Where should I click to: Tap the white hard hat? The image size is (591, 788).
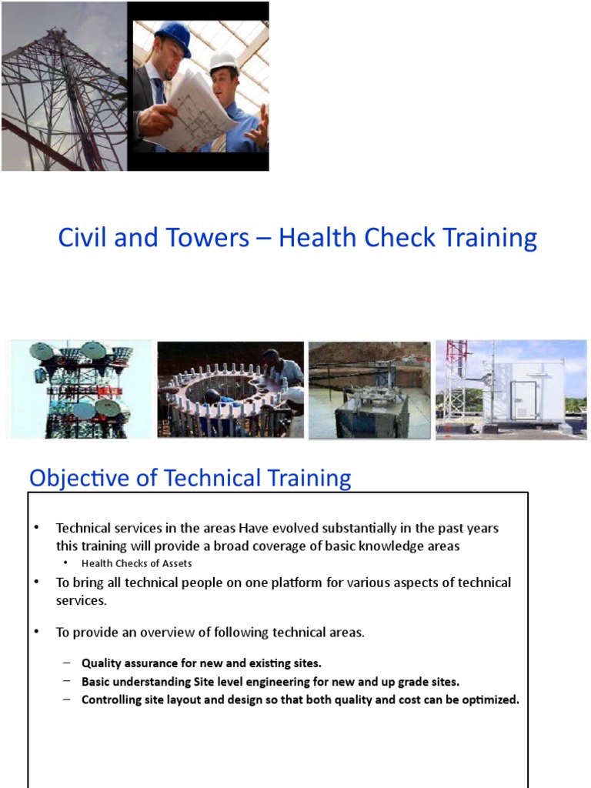(224, 62)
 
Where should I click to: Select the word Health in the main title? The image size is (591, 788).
(314, 238)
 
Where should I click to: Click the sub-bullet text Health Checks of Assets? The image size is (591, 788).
(136, 563)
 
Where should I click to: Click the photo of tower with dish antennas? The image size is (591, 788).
(80, 390)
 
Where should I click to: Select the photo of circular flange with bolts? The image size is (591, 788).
(230, 390)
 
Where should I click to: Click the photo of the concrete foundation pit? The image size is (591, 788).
(369, 390)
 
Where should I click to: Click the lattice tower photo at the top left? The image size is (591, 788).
(63, 86)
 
